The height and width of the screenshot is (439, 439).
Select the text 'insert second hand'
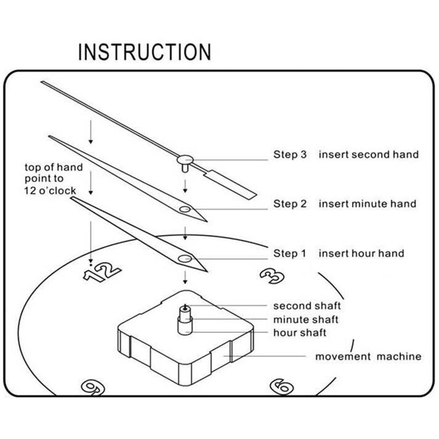[x=368, y=155]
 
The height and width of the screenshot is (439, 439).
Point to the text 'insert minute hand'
[x=368, y=204]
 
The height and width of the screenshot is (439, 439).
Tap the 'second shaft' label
[x=307, y=306]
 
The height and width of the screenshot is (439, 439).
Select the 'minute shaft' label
[x=306, y=319]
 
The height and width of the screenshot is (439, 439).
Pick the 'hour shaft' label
[x=300, y=333]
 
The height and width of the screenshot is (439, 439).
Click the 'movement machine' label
[x=368, y=357]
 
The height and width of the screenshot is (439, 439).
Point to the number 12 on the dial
[x=102, y=271]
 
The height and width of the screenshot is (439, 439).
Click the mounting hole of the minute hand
[x=185, y=209]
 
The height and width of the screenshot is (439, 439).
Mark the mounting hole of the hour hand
[x=184, y=258]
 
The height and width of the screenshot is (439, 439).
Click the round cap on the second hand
[x=184, y=159]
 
